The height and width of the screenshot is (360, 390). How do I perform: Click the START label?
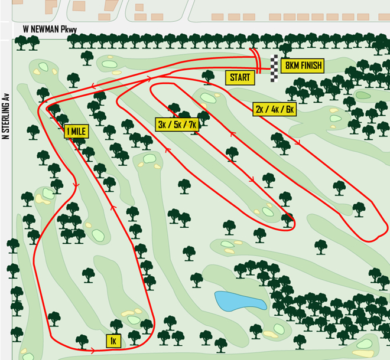[240, 77]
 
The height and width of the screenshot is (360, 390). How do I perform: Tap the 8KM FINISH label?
[303, 66]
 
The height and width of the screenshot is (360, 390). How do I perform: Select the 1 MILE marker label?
[76, 132]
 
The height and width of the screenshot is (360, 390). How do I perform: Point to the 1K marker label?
[113, 341]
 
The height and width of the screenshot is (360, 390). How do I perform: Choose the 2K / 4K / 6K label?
[274, 109]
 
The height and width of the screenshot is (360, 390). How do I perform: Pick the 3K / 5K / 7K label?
[175, 124]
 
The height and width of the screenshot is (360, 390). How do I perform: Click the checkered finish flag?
[274, 68]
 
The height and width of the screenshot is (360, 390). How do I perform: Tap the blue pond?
[239, 301]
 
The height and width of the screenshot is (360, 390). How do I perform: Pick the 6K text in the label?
[288, 109]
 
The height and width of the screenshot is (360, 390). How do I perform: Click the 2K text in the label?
[261, 109]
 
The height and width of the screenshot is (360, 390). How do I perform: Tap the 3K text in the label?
[162, 124]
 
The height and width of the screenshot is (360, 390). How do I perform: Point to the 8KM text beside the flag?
[291, 66]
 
